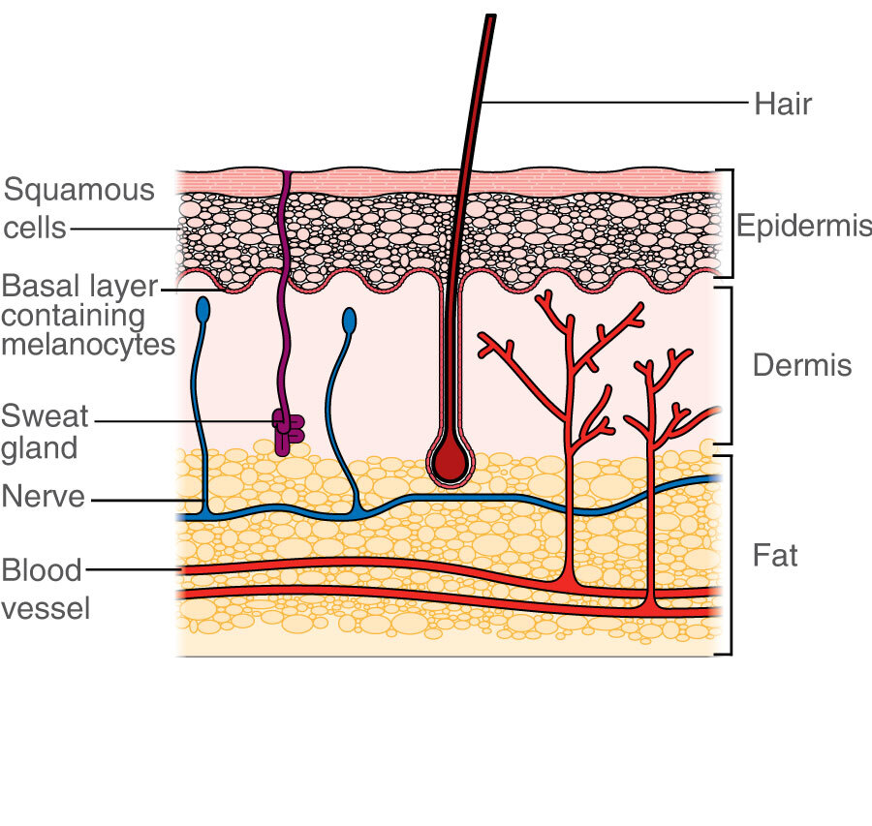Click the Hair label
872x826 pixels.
pos(782,103)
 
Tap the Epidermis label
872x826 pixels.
pos(803,226)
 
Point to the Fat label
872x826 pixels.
pos(775,556)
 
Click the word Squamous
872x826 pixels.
pos(79,190)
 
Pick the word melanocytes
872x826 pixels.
pos(88,344)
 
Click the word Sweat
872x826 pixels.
pos(45,417)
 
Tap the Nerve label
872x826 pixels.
pos(44,498)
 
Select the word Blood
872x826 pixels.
pos(42,569)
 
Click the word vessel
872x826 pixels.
pos(46,608)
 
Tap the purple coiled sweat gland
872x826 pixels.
pos(287,431)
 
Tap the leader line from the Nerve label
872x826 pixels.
pos(145,500)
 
